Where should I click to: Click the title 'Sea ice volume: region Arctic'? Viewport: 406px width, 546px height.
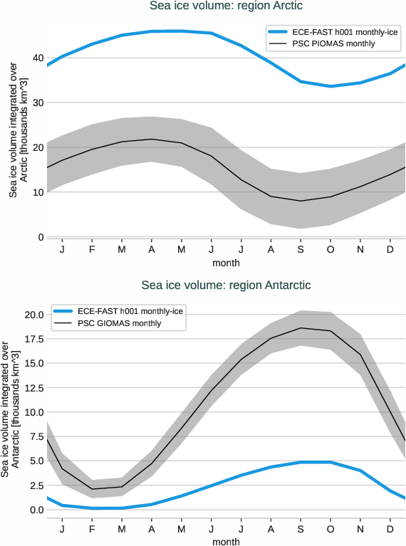pyautogui.click(x=226, y=6)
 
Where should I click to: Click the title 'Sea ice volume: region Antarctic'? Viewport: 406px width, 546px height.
pyautogui.click(x=226, y=285)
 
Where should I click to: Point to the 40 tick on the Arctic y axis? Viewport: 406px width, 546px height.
pyautogui.click(x=38, y=58)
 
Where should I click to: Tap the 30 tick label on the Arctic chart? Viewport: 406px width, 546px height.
pyautogui.click(x=38, y=103)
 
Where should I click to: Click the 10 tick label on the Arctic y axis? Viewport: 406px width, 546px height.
pyautogui.click(x=38, y=192)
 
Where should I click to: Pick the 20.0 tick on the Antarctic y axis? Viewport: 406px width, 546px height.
pyautogui.click(x=33, y=315)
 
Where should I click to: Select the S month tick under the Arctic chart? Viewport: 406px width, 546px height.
pyautogui.click(x=301, y=251)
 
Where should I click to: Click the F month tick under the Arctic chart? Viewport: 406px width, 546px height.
pyautogui.click(x=92, y=251)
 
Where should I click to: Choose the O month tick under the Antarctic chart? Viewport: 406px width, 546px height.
pyautogui.click(x=330, y=530)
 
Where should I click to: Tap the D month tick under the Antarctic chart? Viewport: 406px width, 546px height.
pyautogui.click(x=390, y=530)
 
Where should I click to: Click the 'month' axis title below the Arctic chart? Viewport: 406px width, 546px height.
pyautogui.click(x=226, y=263)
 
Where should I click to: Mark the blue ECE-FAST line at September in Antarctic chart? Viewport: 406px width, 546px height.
pyautogui.click(x=301, y=462)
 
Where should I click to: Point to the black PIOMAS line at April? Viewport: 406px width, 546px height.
pyautogui.click(x=152, y=140)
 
